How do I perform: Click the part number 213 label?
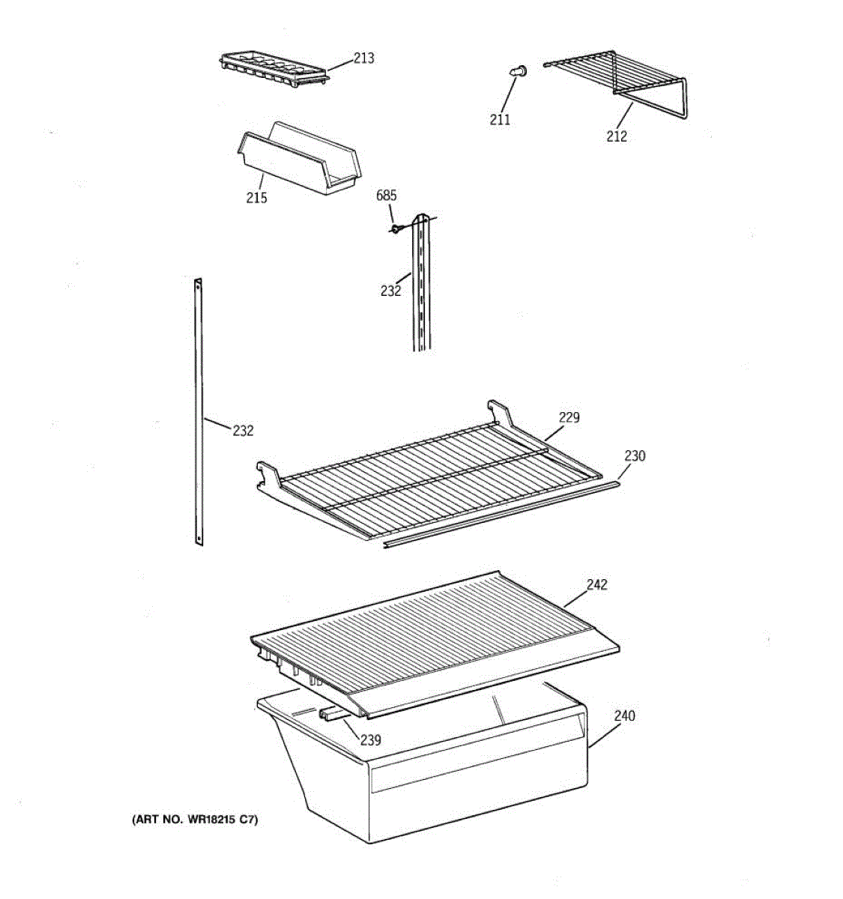(364, 58)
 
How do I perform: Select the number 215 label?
(256, 198)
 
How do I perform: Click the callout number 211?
(500, 119)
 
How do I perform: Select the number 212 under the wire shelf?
(617, 136)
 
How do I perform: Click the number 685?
(387, 196)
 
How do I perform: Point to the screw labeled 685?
(396, 228)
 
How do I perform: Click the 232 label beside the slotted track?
(390, 291)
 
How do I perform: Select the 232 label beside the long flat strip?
(243, 431)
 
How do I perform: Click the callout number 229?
(569, 417)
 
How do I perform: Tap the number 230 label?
(635, 455)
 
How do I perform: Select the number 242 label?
(596, 584)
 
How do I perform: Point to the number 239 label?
(370, 740)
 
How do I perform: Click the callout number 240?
(624, 715)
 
